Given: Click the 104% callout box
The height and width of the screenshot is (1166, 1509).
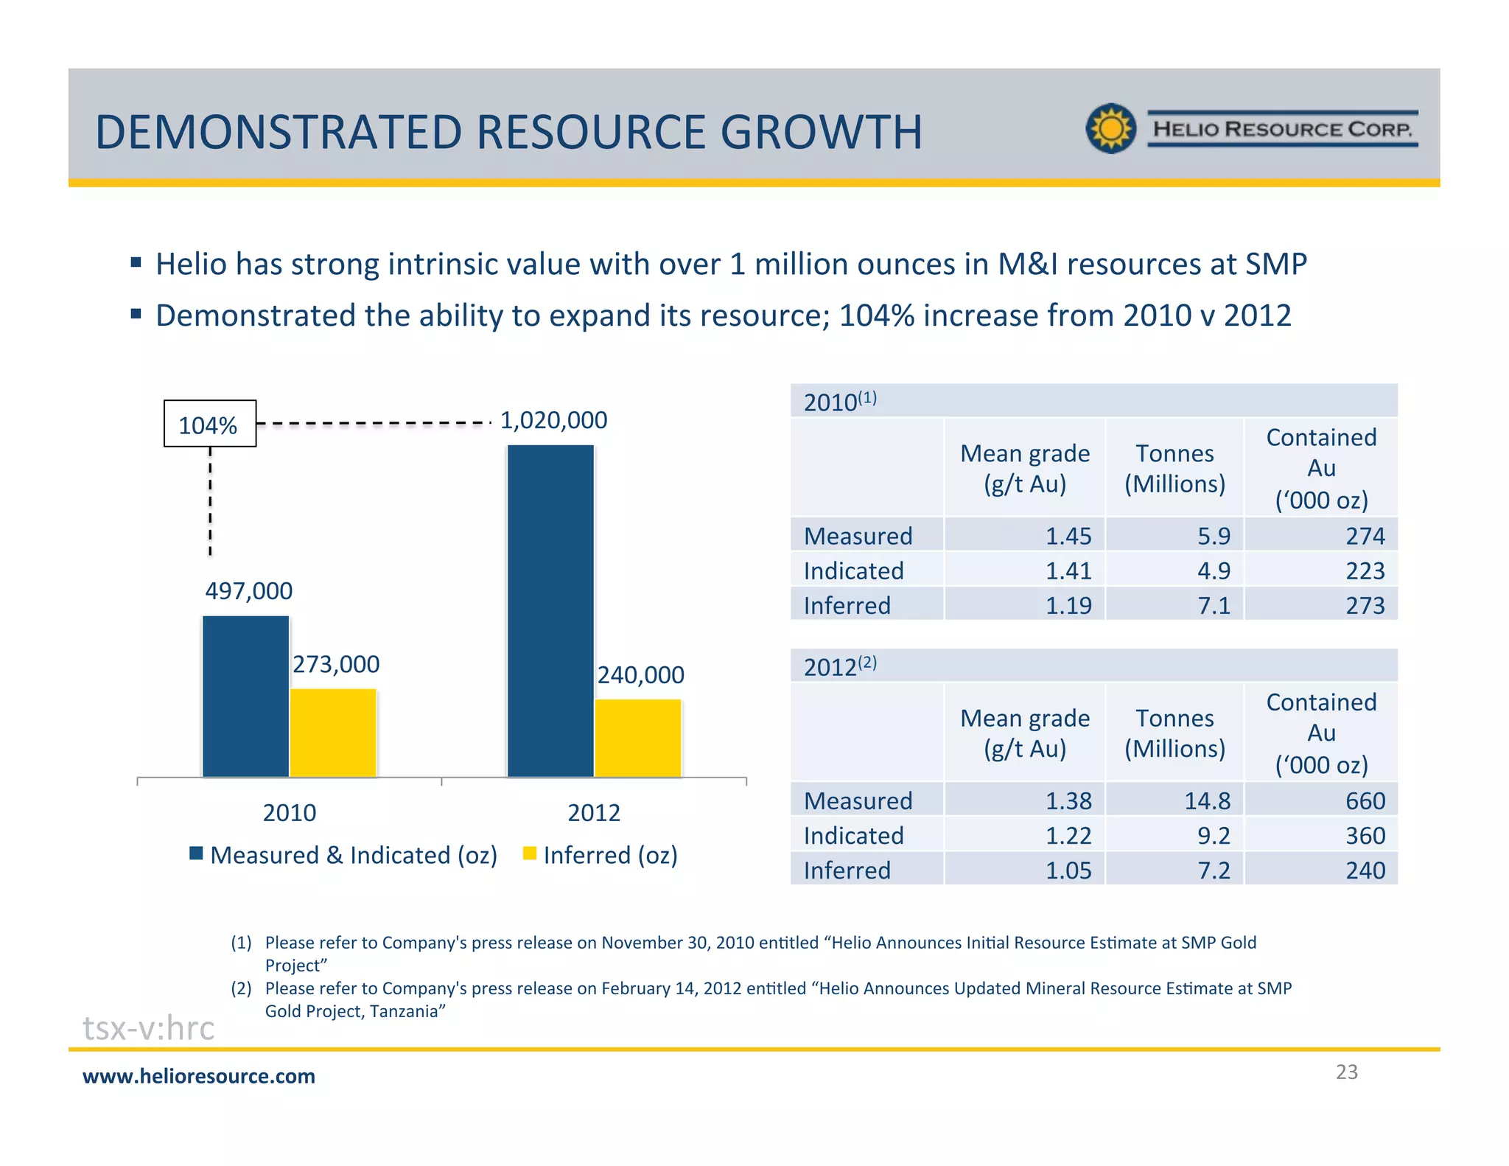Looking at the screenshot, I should coord(210,424).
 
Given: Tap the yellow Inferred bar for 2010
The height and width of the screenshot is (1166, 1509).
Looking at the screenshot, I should coord(333,733).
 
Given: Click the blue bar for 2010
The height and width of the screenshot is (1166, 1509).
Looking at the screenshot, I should coord(245,696).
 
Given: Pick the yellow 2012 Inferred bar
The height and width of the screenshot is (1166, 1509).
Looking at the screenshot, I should coord(638,738).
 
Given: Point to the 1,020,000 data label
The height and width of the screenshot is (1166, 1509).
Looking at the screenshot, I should coord(553,420).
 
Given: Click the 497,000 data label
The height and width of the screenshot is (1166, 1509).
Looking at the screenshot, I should coord(248,590).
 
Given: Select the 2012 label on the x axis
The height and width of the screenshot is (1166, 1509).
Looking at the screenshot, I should coord(594,812).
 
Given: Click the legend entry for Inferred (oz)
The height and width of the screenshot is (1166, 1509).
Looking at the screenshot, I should coord(601,855).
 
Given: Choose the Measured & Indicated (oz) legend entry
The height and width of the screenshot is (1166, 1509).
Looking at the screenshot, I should coord(344,855).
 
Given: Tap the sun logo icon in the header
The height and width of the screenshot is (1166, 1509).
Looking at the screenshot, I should coord(1111,128).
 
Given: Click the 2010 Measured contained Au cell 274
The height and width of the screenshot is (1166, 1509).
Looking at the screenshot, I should coord(1365,536).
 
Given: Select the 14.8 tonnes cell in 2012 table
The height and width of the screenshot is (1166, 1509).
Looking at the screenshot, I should coord(1207,800).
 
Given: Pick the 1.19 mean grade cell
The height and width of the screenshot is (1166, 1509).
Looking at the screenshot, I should coord(1068,605).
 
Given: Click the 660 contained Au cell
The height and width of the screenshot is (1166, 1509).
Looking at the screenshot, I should coord(1365,800).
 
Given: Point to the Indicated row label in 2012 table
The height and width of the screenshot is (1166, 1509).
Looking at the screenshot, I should coord(853,835).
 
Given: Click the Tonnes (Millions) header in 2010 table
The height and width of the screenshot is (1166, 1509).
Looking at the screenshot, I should coord(1174,468).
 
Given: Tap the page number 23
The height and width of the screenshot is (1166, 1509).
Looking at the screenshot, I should coord(1346,1072).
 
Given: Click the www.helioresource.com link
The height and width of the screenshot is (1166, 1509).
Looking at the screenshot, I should coord(199,1076).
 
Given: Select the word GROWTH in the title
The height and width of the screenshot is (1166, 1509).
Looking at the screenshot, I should coord(821,132).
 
